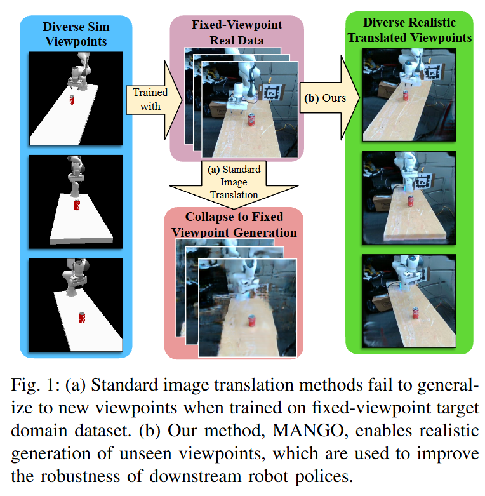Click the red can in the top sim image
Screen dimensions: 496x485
click(71, 100)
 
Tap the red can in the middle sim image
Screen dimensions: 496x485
click(77, 205)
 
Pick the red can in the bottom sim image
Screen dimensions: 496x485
click(81, 318)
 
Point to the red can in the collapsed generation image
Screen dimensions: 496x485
click(252, 321)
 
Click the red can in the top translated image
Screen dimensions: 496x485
click(404, 95)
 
